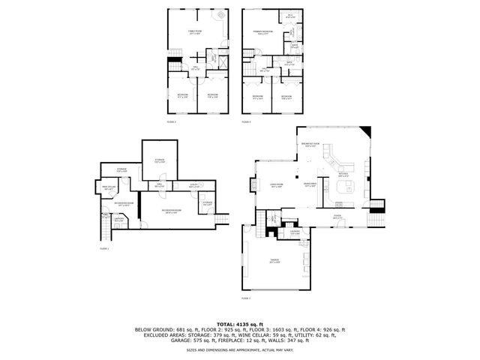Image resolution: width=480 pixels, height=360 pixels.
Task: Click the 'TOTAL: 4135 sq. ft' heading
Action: coord(240,322)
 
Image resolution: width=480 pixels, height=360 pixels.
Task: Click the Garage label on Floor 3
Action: coord(274,260)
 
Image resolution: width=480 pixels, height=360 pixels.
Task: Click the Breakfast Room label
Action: coord(310,145)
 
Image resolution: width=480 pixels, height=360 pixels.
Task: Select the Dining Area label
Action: coord(309,184)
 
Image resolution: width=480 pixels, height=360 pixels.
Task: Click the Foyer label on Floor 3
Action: coord(337,217)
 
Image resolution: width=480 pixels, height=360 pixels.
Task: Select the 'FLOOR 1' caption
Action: coord(104,247)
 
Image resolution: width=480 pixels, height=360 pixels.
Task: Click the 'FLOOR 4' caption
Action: coord(247,121)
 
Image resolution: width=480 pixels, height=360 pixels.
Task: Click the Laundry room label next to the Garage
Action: coord(295,232)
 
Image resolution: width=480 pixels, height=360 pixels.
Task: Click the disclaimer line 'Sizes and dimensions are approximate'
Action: coord(240,349)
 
